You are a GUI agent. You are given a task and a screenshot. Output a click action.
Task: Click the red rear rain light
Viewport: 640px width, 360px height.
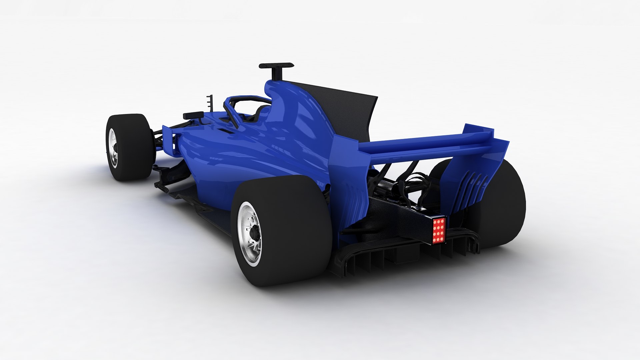point(439,230)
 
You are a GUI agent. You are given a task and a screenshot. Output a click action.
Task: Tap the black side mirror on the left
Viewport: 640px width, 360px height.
point(193,115)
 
